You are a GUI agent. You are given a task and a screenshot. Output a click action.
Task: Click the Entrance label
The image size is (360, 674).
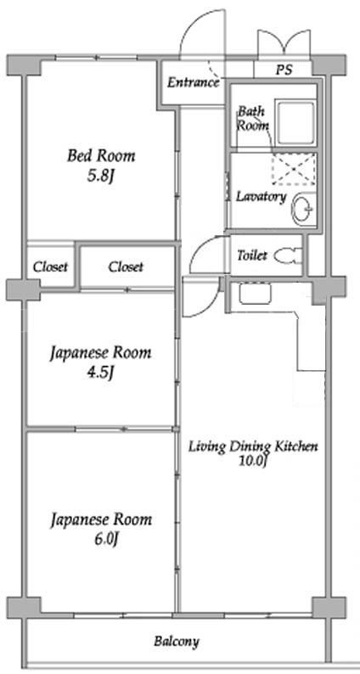193,82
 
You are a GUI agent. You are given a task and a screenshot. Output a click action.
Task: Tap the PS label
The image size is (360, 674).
284,70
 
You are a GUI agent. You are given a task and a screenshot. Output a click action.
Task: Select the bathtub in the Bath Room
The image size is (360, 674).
295,122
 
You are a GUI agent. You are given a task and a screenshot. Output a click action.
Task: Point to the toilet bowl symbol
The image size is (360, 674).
289,256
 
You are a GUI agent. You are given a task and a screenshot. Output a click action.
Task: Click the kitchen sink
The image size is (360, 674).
256,293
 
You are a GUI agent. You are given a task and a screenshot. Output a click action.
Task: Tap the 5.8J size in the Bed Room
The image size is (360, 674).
100,177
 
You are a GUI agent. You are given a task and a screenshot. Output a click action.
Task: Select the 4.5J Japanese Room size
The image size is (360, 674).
100,374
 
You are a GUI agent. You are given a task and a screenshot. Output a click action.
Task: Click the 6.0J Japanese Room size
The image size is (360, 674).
102,540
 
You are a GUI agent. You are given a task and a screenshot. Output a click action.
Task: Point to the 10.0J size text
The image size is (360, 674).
254,461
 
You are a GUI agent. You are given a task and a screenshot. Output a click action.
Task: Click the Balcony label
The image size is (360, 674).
177,642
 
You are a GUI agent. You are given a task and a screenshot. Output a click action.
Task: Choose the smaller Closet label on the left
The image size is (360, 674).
51,267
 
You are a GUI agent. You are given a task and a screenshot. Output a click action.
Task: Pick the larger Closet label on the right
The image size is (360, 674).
126,267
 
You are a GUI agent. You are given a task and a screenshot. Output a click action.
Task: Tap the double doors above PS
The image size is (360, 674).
284,44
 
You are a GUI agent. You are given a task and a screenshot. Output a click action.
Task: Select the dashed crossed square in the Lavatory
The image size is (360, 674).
293,168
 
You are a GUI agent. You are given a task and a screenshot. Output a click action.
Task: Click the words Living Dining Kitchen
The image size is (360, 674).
254,447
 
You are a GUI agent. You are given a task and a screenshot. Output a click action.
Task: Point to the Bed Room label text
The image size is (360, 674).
101,155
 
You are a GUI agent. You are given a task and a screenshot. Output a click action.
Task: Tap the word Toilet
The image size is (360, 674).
252,256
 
